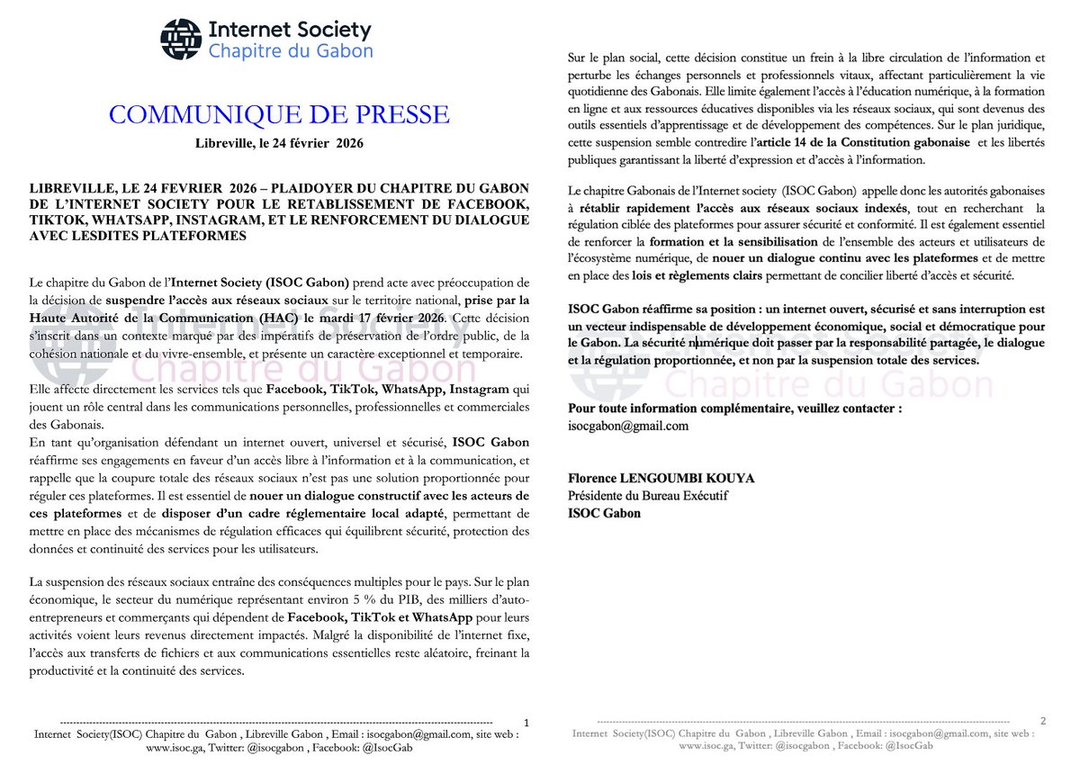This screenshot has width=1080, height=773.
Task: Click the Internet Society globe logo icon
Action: (x=181, y=39)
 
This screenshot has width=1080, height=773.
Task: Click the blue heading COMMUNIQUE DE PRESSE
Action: (x=278, y=114)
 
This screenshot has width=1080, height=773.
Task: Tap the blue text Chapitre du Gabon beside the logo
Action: (x=290, y=51)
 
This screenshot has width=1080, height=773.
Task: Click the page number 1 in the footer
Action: (x=526, y=723)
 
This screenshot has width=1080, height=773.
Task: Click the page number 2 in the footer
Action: (x=1043, y=721)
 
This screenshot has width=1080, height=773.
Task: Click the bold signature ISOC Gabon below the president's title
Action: (x=604, y=513)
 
